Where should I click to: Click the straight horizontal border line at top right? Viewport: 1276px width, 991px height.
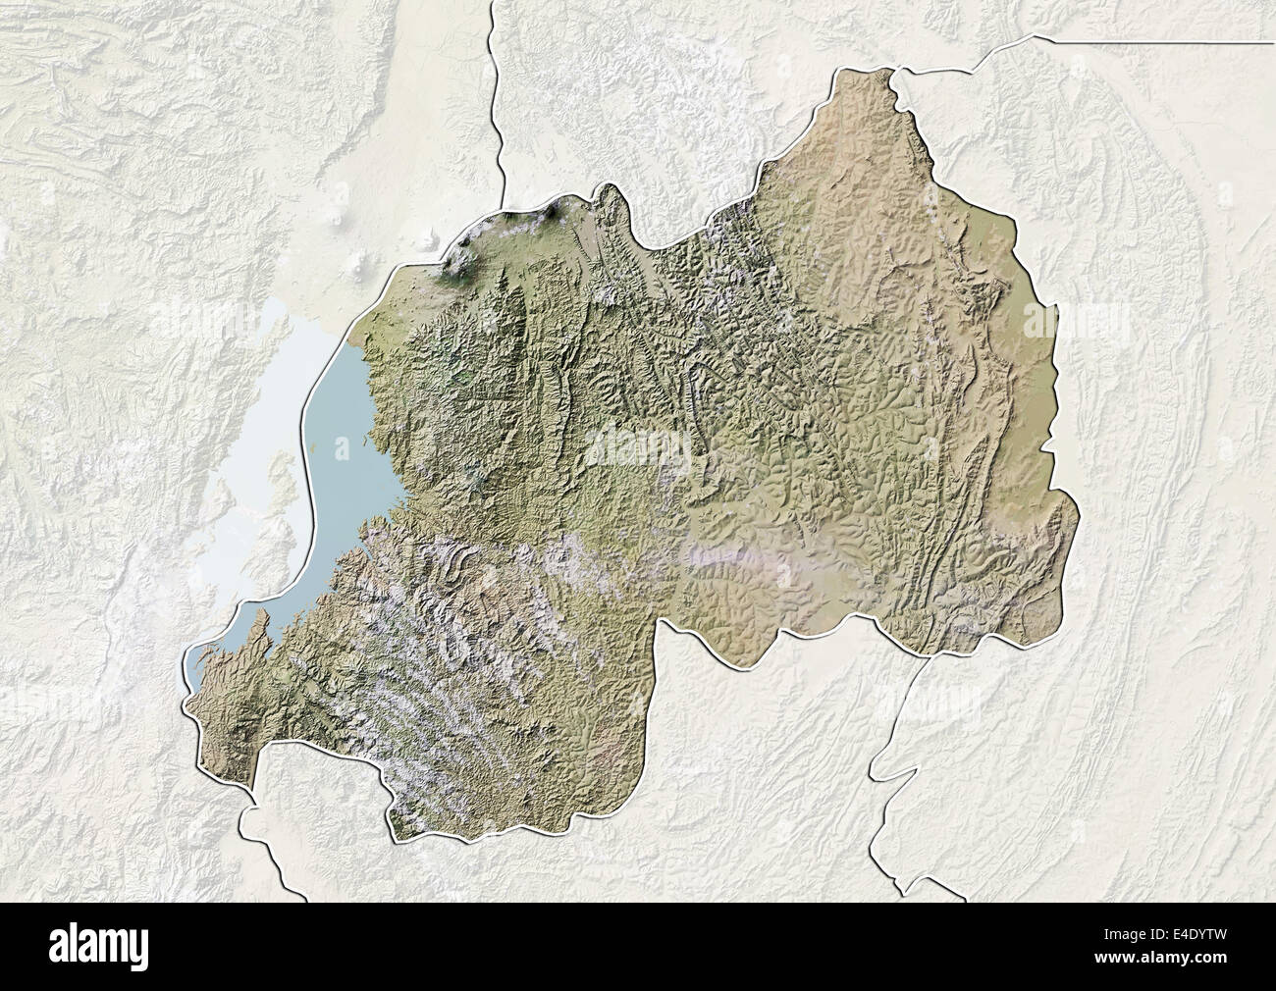click(1158, 41)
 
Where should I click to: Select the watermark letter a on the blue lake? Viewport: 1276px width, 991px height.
click(341, 449)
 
